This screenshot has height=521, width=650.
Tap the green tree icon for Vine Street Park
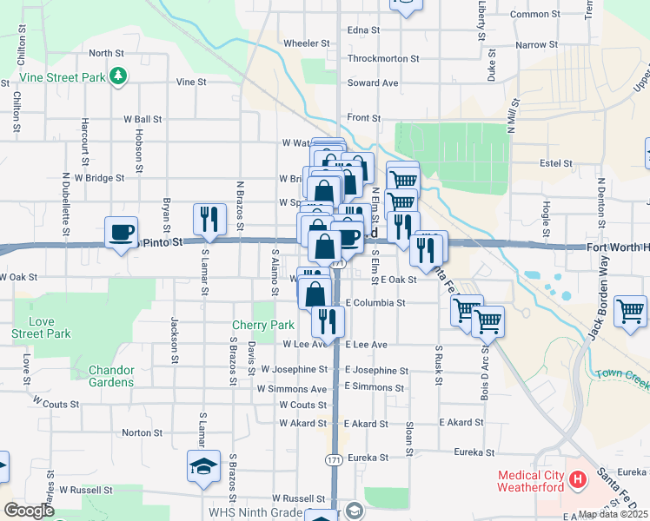(119, 78)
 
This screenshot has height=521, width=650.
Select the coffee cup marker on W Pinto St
(121, 233)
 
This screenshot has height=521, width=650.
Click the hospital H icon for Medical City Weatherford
(576, 478)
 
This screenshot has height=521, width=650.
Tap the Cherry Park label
(263, 325)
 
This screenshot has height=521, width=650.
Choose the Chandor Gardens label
(111, 376)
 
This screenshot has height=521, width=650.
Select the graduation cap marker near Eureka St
(202, 467)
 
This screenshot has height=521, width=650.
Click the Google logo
(29, 511)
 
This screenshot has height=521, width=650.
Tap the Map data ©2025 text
(613, 514)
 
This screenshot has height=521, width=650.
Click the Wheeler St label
(307, 43)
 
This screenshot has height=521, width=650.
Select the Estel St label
(555, 162)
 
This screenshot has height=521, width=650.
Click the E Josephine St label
(376, 371)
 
